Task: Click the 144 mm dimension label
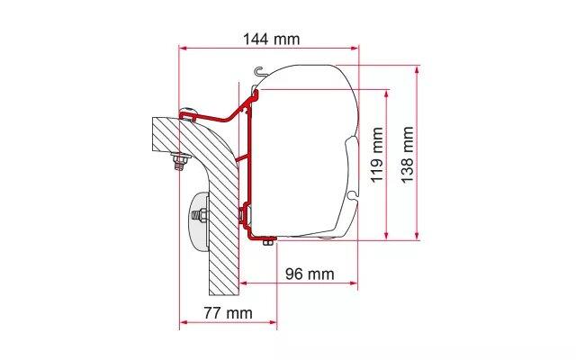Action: point(272,39)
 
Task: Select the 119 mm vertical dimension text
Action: point(377,155)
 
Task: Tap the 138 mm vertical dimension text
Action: point(407,154)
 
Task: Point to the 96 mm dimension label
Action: point(310,274)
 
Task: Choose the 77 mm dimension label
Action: point(228,313)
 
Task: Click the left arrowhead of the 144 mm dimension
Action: point(183,48)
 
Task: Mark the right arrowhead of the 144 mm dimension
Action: point(355,48)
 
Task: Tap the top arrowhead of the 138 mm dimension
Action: point(417,70)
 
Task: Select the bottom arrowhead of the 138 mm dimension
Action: point(417,236)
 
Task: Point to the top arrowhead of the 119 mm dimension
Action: point(386,94)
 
